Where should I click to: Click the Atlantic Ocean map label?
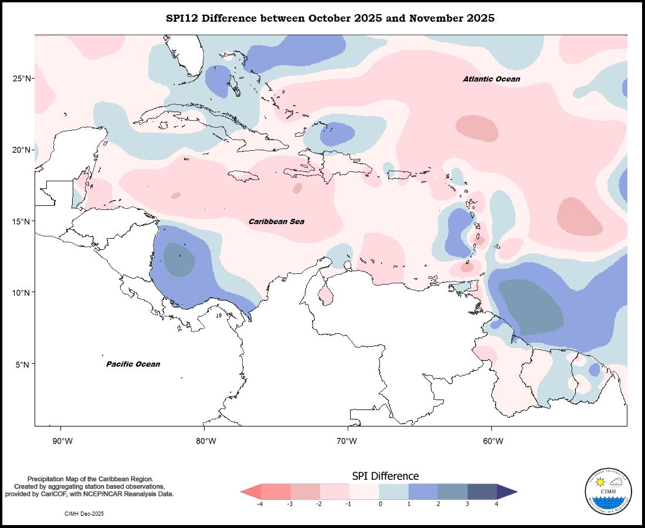click(491, 79)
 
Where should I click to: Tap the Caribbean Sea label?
click(276, 222)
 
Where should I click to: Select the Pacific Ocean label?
click(133, 364)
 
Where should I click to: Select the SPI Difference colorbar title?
click(385, 476)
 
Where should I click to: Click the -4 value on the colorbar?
click(260, 504)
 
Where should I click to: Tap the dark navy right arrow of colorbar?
click(507, 492)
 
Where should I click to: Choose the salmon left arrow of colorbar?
click(250, 492)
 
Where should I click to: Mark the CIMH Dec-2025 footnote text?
click(84, 513)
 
